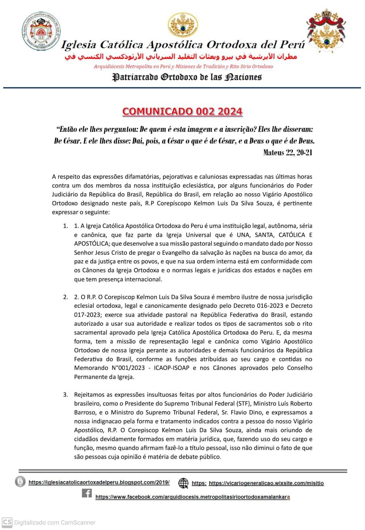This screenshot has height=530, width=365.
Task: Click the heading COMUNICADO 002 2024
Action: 182,111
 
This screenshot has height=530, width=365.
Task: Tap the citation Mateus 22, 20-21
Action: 288,152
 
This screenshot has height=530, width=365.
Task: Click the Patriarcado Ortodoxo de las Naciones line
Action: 186,77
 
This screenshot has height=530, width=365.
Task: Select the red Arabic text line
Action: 180,56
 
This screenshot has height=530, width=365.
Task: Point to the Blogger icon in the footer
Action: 20,482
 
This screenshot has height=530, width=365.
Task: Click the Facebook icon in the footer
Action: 87,493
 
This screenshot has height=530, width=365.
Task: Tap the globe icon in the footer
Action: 184,483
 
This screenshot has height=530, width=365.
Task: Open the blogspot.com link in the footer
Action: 99,482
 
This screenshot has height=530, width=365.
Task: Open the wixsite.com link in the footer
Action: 266,483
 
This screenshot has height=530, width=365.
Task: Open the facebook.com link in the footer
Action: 192,497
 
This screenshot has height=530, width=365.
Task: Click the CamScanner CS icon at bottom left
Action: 7,522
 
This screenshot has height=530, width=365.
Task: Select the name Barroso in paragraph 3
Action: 86,412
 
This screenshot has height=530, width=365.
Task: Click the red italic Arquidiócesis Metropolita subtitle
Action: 183,66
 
